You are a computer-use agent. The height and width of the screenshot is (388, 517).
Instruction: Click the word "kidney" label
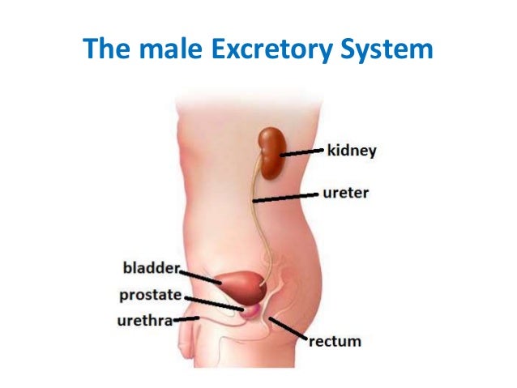[352, 150]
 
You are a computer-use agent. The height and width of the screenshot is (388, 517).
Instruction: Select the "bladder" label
[150, 266]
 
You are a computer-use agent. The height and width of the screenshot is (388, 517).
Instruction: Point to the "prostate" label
[151, 295]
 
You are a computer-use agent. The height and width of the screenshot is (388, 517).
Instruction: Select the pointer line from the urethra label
[187, 319]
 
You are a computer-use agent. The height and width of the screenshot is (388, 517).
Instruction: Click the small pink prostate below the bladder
[250, 309]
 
